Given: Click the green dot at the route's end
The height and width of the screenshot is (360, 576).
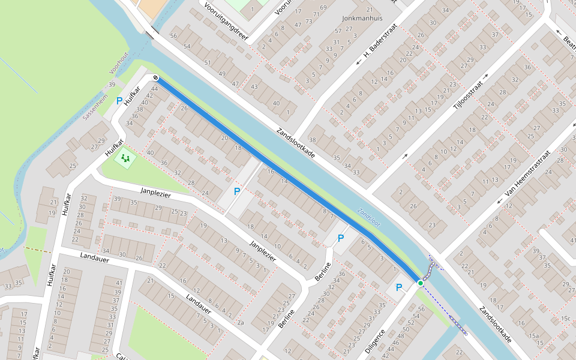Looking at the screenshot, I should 421,283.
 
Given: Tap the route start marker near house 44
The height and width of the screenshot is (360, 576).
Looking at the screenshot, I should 155,77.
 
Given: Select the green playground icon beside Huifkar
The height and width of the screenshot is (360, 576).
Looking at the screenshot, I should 125,158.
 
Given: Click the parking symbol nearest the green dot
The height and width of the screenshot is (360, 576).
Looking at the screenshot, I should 398,287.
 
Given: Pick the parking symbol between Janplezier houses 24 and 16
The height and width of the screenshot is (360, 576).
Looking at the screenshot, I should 237,191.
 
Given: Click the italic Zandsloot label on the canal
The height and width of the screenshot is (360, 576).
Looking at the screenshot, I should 368,217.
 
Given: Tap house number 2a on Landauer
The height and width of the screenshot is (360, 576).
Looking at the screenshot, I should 241,323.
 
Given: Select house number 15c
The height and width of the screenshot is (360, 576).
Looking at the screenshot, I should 565,318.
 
